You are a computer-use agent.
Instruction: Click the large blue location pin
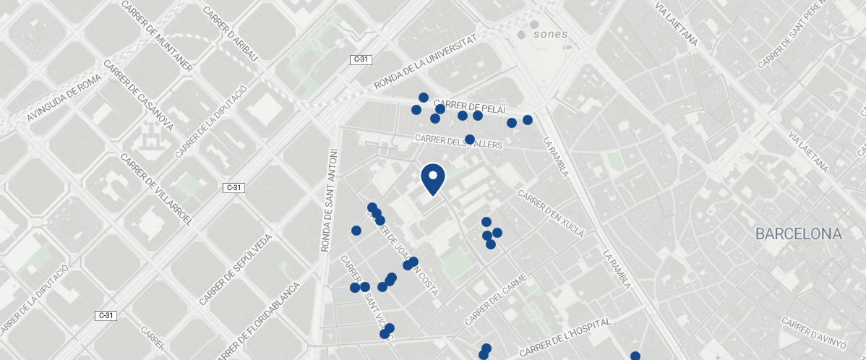(432, 178)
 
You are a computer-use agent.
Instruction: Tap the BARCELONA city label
(799, 234)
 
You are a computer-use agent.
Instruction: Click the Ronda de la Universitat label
(426, 64)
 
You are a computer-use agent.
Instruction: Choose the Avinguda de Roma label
(64, 99)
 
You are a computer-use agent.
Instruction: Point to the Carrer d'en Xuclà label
(551, 213)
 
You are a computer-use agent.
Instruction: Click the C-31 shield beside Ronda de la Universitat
(361, 59)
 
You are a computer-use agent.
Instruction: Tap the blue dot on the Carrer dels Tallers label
(469, 139)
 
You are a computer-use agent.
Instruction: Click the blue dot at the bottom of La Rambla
(635, 356)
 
